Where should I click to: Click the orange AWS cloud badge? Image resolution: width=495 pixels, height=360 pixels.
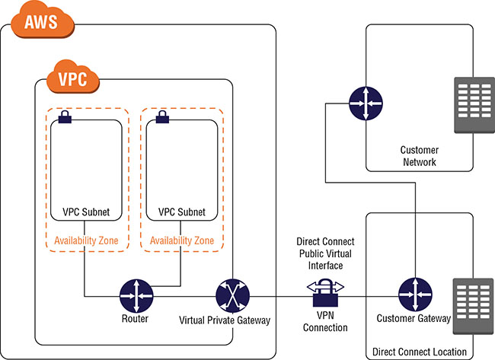pos(42,21)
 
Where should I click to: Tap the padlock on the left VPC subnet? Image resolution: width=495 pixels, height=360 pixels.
pos(65,117)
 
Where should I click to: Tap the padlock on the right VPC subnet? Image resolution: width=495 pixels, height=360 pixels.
pos(161,117)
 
